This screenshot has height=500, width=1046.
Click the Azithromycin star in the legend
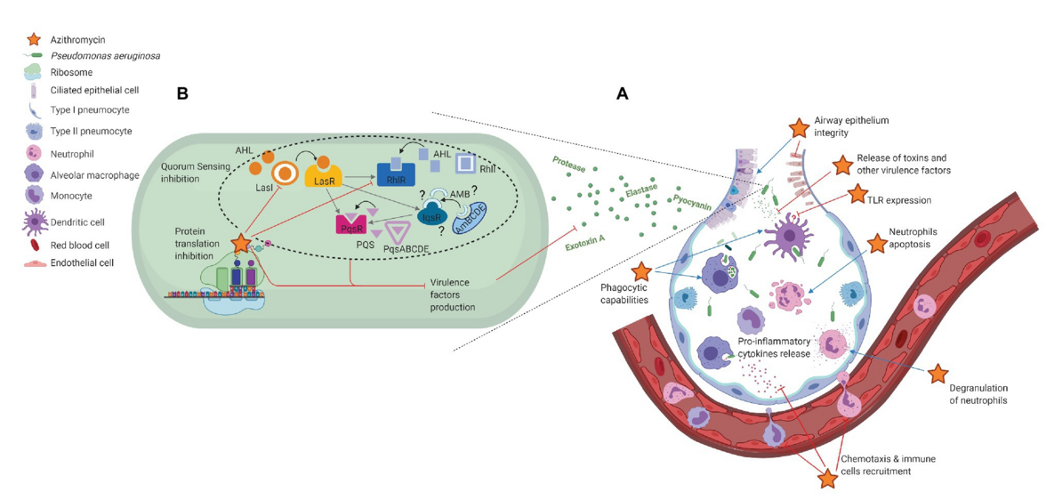[x=34, y=39]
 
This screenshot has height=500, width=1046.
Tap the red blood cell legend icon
[x=35, y=244]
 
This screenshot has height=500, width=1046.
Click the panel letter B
[x=182, y=94]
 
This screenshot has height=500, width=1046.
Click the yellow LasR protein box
[x=324, y=178]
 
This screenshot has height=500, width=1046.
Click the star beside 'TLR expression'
[x=857, y=194]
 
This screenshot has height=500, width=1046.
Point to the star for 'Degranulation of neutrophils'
[x=937, y=374]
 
